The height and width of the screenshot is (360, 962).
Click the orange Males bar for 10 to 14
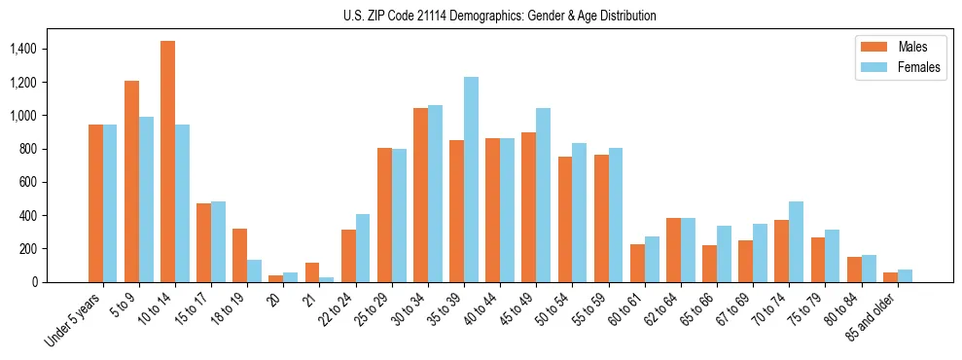[x=167, y=162]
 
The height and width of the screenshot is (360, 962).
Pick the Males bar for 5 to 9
[x=131, y=181]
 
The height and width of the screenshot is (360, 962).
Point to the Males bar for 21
[x=312, y=272]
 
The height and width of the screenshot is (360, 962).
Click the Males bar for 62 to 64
[x=673, y=250]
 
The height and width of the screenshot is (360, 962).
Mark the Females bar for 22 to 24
[x=363, y=248]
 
